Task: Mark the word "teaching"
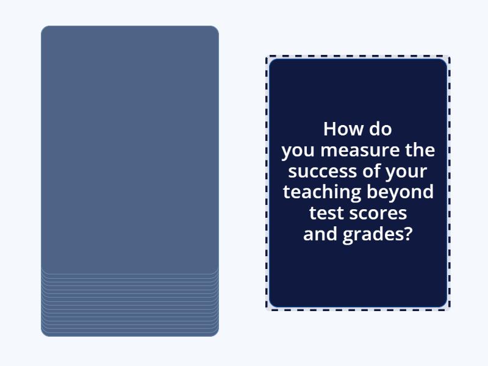(x=322, y=192)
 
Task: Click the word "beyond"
(x=400, y=192)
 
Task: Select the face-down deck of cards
(x=129, y=146)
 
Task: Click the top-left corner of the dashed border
(x=267, y=57)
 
